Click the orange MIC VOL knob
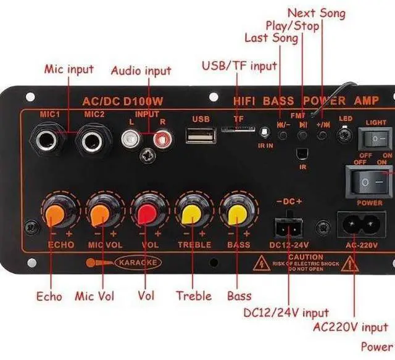pyautogui.click(x=101, y=213)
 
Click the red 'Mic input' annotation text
pyautogui.click(x=69, y=69)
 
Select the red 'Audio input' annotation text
pyautogui.click(x=141, y=70)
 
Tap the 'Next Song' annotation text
pyautogui.click(x=316, y=12)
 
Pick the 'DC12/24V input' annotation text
pyautogui.click(x=286, y=313)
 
